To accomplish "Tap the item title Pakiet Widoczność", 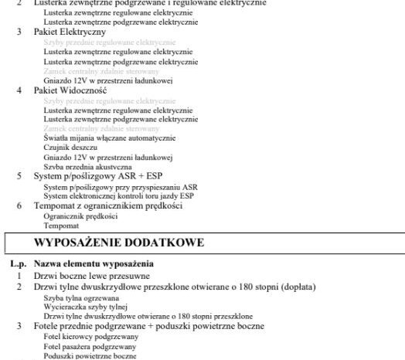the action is coord(70,90).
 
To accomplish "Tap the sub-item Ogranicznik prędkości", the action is coord(76,217).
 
